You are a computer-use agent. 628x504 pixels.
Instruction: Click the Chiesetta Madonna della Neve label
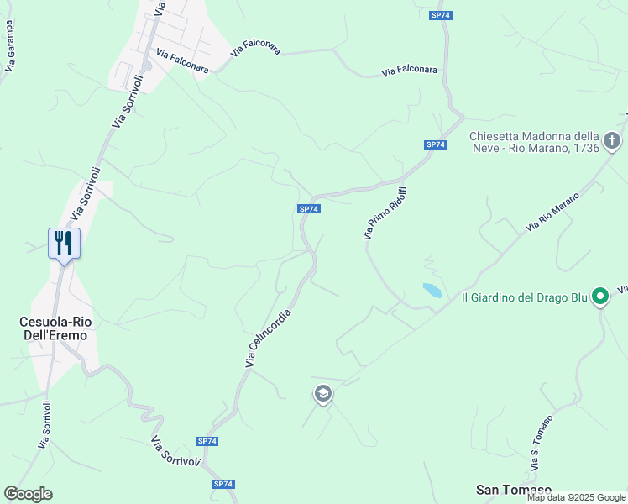(x=534, y=142)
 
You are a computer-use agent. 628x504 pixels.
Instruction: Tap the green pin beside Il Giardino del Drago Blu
(x=600, y=296)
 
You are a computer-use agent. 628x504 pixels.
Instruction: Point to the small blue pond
(x=432, y=291)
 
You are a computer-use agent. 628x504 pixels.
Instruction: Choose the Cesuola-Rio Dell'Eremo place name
(x=56, y=328)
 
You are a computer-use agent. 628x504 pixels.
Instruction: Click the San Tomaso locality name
(x=514, y=489)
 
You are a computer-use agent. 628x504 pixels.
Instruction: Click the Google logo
(x=28, y=494)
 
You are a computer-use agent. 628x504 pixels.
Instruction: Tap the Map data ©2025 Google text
(x=576, y=497)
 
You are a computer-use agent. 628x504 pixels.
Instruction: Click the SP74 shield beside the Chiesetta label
(x=435, y=145)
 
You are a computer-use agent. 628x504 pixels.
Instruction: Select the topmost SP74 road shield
(x=437, y=16)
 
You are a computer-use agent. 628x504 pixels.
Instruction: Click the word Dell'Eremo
(x=56, y=334)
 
